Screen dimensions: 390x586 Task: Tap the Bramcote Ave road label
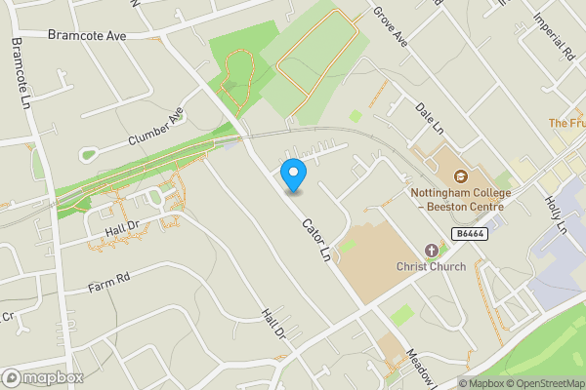tap(87, 34)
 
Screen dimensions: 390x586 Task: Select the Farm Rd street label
tap(108, 281)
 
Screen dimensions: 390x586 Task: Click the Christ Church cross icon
tap(432, 250)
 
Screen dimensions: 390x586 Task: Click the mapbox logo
tap(42, 377)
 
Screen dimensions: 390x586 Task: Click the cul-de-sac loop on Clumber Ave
tap(91, 154)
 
